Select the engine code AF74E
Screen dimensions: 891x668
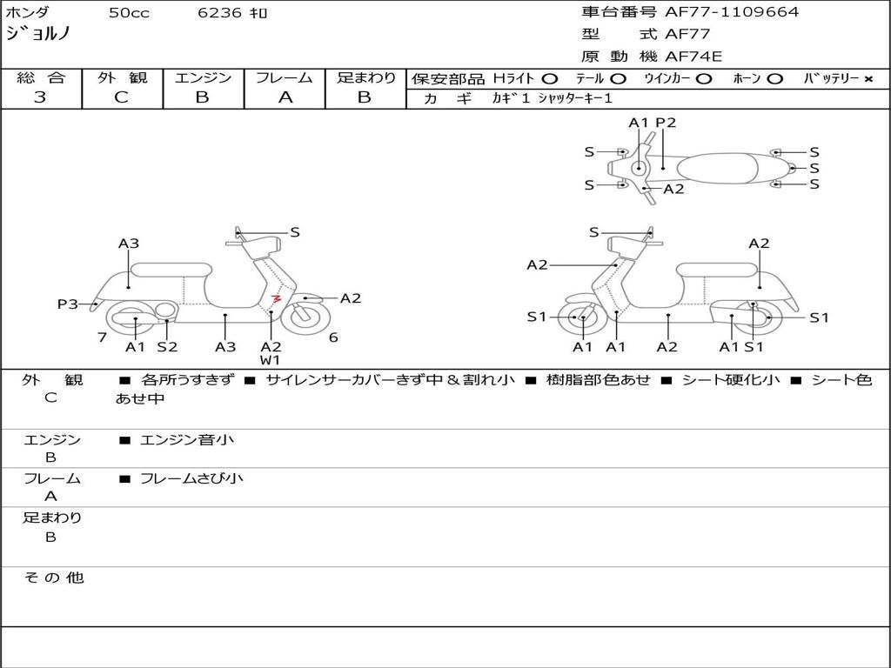[x=693, y=57]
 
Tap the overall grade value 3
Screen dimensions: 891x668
[x=40, y=97]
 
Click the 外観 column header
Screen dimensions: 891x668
[x=122, y=77]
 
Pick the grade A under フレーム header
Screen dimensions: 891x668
[x=285, y=97]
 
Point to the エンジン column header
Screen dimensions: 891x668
[x=203, y=77]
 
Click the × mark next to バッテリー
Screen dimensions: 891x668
[x=868, y=79]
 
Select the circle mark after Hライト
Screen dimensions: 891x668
[x=550, y=79]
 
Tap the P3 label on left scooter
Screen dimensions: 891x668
[x=68, y=304]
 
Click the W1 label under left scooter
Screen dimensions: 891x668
[x=271, y=360]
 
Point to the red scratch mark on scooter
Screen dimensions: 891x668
[x=276, y=299]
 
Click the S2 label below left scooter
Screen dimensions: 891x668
[x=167, y=347]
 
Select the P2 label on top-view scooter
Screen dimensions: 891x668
[x=666, y=123]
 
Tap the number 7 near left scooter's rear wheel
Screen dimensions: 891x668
[x=102, y=337]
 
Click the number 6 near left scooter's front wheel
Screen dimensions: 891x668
[x=333, y=337]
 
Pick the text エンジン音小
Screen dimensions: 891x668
[x=187, y=440]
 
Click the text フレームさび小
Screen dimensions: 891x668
[x=191, y=478]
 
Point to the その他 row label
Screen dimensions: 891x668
[x=53, y=578]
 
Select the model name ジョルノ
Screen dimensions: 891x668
[x=37, y=34]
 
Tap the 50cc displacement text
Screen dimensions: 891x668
[x=129, y=13]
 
